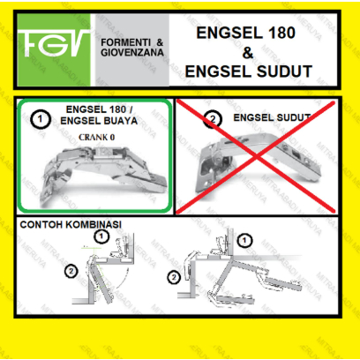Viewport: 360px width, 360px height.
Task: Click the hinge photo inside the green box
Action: point(99,177)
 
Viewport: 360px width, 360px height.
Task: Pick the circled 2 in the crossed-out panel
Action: point(212,119)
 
